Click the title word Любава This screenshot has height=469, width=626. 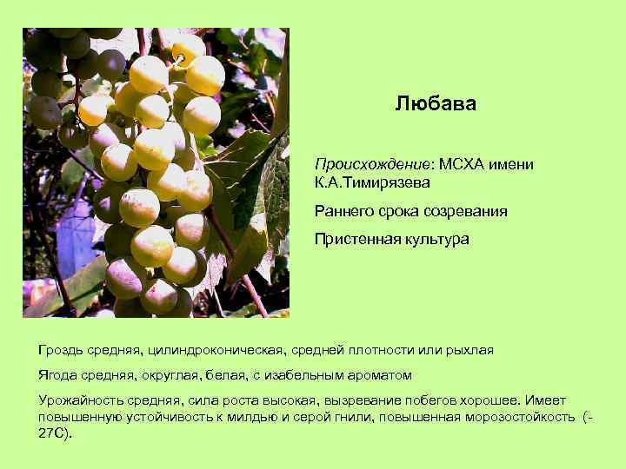pos(435,104)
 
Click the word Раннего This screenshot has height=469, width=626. pos(344,211)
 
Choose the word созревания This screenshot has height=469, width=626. pos(468,211)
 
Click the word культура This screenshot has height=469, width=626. pos(434,239)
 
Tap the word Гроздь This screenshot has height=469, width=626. pos(62,350)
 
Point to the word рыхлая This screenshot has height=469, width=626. pos(469,350)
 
